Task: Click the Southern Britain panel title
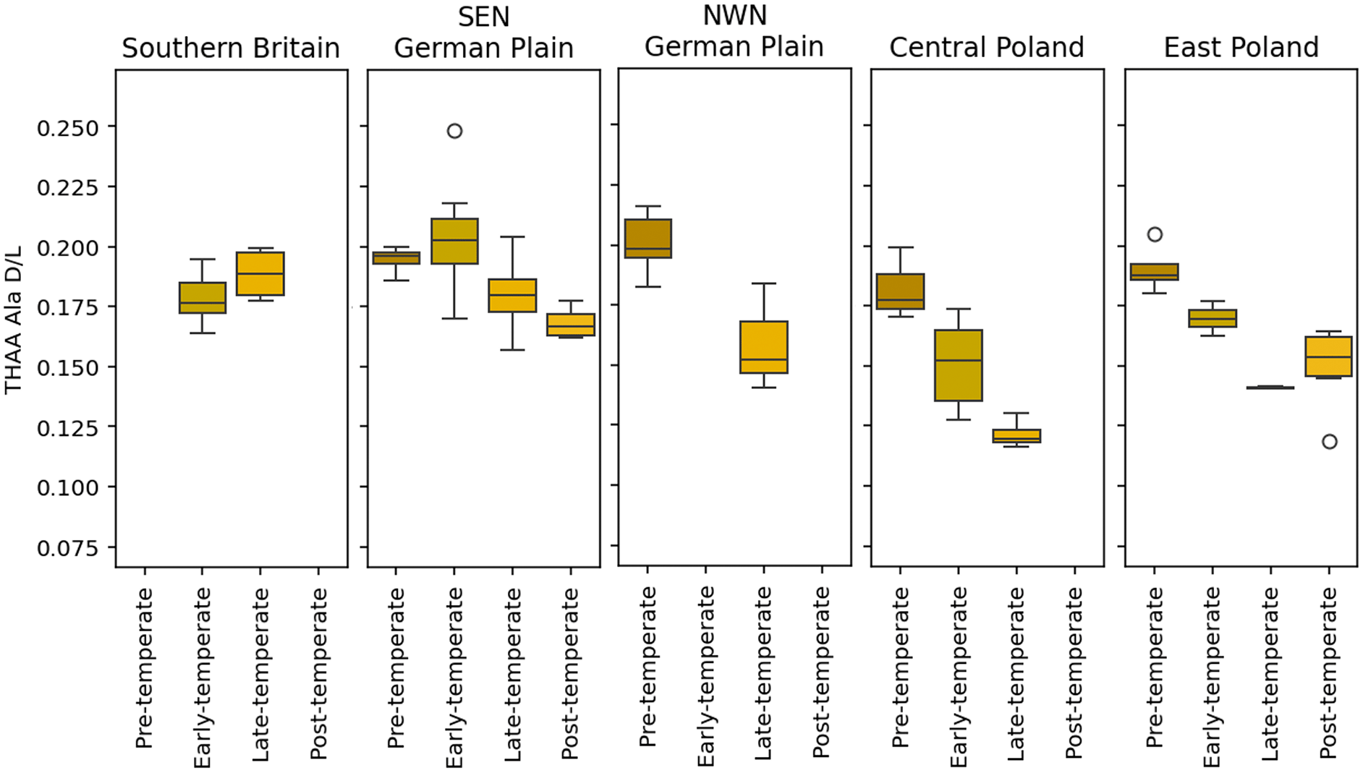pyautogui.click(x=231, y=48)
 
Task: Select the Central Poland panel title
pyautogui.click(x=987, y=48)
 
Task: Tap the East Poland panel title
pyautogui.click(x=1241, y=48)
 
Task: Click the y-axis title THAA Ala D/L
pyautogui.click(x=14, y=320)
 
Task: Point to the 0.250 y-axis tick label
pyautogui.click(x=67, y=128)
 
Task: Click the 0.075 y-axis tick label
pyautogui.click(x=67, y=548)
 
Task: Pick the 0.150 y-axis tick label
pyautogui.click(x=67, y=368)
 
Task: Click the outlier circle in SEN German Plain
pyautogui.click(x=454, y=131)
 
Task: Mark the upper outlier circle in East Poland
pyautogui.click(x=1155, y=234)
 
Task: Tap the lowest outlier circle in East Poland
pyautogui.click(x=1329, y=442)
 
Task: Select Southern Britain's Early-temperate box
pyautogui.click(x=203, y=298)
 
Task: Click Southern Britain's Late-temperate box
pyautogui.click(x=260, y=274)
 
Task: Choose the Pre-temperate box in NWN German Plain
pyautogui.click(x=647, y=239)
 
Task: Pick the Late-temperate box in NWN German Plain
pyautogui.click(x=764, y=347)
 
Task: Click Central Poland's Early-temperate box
pyautogui.click(x=959, y=365)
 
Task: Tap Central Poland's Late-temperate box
pyautogui.click(x=1016, y=436)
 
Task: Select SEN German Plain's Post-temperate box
pyautogui.click(x=571, y=325)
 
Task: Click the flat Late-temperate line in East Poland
pyautogui.click(x=1270, y=388)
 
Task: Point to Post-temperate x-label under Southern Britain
pyautogui.click(x=318, y=673)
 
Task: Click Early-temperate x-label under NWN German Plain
pyautogui.click(x=705, y=676)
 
